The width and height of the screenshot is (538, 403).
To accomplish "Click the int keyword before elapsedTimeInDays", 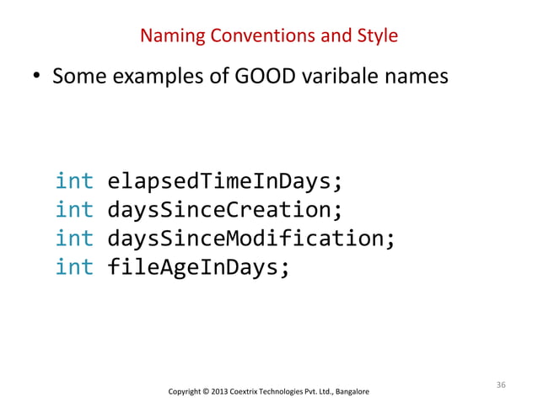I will click(75, 182).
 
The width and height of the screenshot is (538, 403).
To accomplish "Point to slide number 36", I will click(501, 384).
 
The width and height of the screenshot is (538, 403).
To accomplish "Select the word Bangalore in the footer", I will click(349, 392).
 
